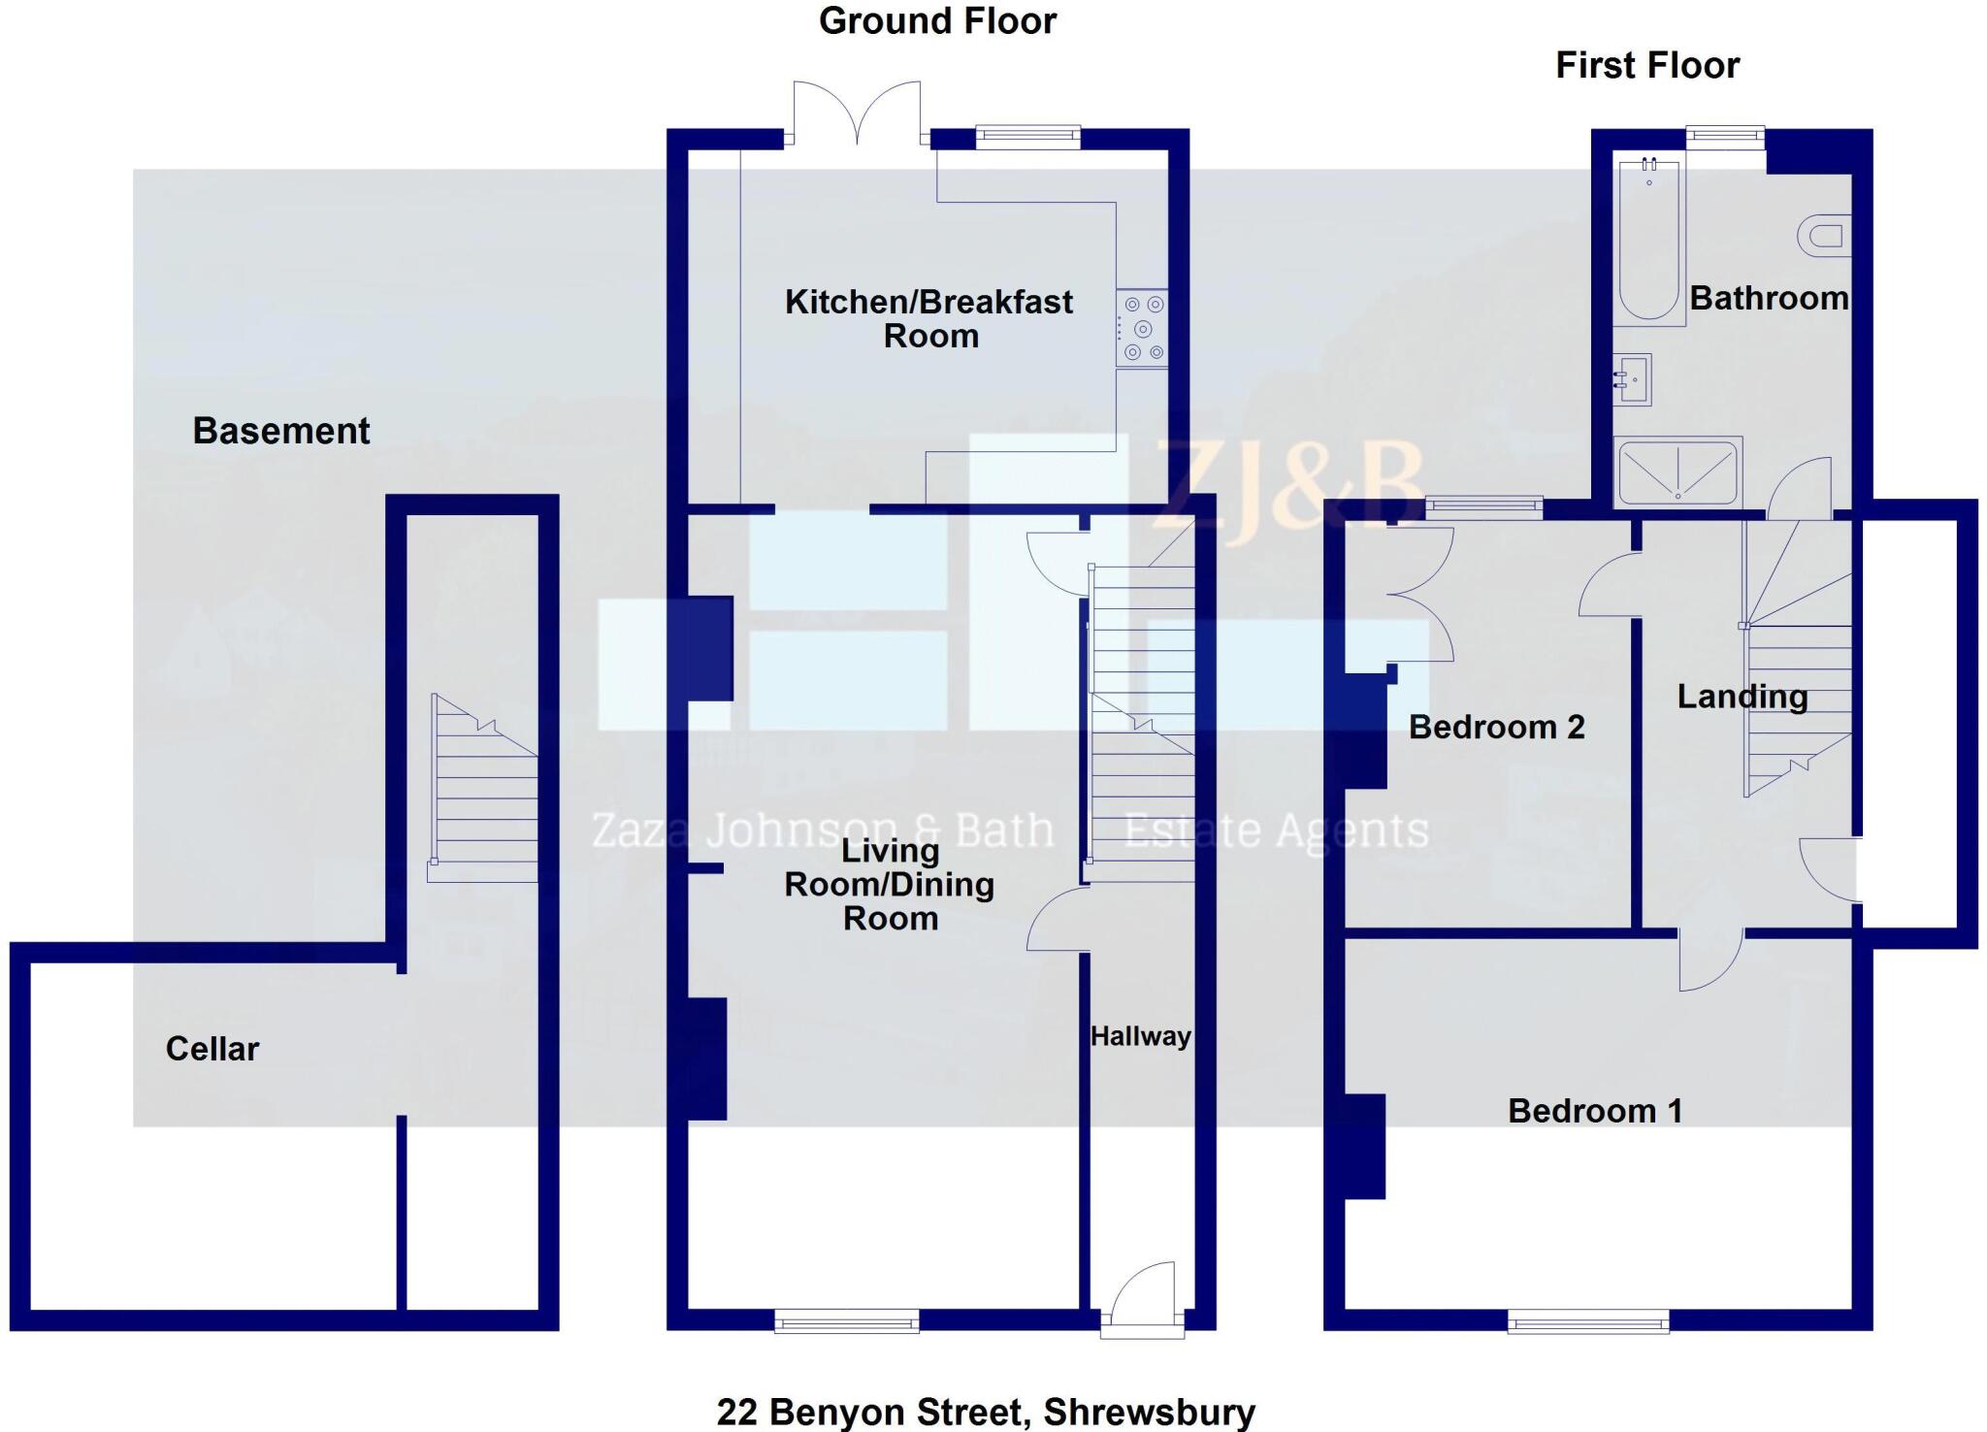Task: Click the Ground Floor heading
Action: point(937,21)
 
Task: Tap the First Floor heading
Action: point(1647,66)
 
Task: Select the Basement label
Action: point(281,431)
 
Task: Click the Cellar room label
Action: point(212,1049)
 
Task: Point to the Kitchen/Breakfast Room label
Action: point(928,318)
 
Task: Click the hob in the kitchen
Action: point(1142,329)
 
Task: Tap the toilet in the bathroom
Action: point(1821,236)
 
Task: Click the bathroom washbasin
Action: point(1632,379)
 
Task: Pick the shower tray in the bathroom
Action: point(1678,472)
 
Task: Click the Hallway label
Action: point(1140,1036)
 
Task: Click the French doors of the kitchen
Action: point(857,114)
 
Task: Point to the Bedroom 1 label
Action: point(1595,1111)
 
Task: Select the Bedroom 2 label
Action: point(1496,727)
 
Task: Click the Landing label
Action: point(1743,697)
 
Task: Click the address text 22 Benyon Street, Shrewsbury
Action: point(986,1412)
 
